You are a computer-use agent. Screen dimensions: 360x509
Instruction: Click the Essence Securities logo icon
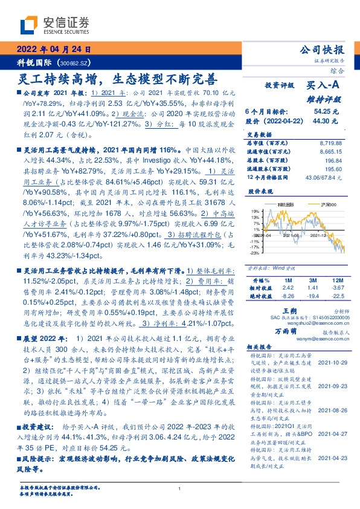pyautogui.click(x=30, y=24)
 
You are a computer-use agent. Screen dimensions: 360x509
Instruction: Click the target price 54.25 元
pyautogui.click(x=326, y=112)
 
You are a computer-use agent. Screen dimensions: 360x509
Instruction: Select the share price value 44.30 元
pyautogui.click(x=326, y=121)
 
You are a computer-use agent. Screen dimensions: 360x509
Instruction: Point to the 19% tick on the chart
pyautogui.click(x=257, y=210)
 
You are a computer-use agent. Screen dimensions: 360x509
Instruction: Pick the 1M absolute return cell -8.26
pyautogui.click(x=288, y=296)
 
